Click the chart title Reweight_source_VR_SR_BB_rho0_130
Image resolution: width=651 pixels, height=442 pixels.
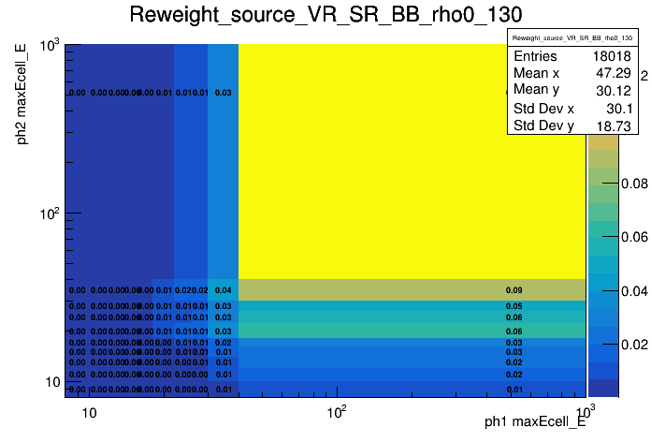(325, 16)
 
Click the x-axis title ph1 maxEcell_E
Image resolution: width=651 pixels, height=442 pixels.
(535, 422)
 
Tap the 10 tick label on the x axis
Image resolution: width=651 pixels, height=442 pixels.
(89, 413)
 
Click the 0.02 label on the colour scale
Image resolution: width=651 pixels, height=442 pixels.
(634, 346)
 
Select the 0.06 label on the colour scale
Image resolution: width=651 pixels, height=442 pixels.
(634, 238)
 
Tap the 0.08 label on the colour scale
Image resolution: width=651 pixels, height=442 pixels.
(634, 184)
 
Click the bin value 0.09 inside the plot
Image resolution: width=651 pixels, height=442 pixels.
(514, 290)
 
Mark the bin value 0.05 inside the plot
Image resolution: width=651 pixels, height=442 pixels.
(514, 306)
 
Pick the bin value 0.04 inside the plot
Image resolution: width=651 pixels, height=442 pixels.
(223, 290)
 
